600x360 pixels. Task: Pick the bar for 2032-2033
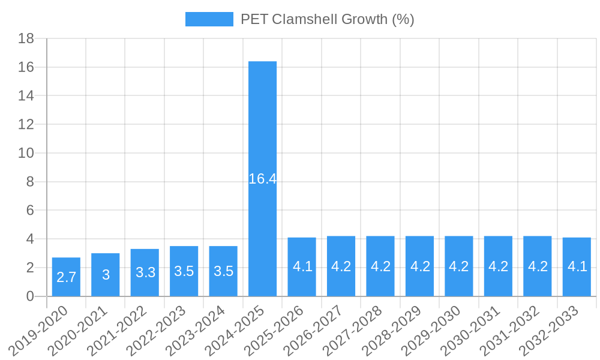pyautogui.click(x=577, y=282)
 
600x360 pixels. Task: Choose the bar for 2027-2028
pyautogui.click(x=380, y=282)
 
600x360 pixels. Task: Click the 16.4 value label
pyautogui.click(x=262, y=179)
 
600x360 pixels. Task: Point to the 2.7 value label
pyautogui.click(x=66, y=277)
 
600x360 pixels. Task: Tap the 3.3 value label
pyautogui.click(x=145, y=272)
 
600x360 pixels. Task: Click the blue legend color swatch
pyautogui.click(x=209, y=19)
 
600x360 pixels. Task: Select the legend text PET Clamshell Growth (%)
pyautogui.click(x=327, y=19)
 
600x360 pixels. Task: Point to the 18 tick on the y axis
pyautogui.click(x=26, y=38)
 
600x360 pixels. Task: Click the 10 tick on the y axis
pyautogui.click(x=26, y=153)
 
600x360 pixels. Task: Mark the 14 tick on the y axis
pyautogui.click(x=26, y=96)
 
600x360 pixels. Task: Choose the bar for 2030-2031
pyautogui.click(x=498, y=282)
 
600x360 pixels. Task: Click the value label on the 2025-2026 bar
pyautogui.click(x=302, y=266)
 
